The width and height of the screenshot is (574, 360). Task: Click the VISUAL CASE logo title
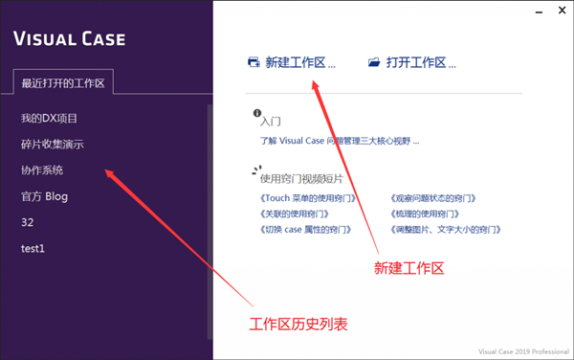click(x=69, y=40)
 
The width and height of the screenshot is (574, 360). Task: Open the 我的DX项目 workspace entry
click(x=49, y=119)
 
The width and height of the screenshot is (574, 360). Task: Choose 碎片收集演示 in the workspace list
click(x=53, y=145)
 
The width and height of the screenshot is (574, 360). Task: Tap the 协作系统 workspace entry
click(x=42, y=170)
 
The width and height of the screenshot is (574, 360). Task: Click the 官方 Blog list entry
click(x=45, y=196)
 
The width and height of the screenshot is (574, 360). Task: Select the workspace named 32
click(x=28, y=222)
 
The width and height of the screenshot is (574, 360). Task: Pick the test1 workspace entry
click(x=33, y=248)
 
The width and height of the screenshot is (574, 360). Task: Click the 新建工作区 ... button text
click(x=300, y=63)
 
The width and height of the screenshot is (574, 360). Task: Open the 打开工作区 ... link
click(x=421, y=63)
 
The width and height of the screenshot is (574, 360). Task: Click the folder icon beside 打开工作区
click(x=374, y=63)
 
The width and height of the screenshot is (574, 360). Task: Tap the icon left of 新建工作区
click(x=254, y=63)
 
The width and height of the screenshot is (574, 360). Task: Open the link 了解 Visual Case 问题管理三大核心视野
click(x=339, y=141)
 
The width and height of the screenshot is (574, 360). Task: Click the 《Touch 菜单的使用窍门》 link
click(x=307, y=198)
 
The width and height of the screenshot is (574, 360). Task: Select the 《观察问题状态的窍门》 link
click(x=433, y=198)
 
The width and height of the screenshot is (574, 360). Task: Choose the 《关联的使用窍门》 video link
click(x=300, y=214)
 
